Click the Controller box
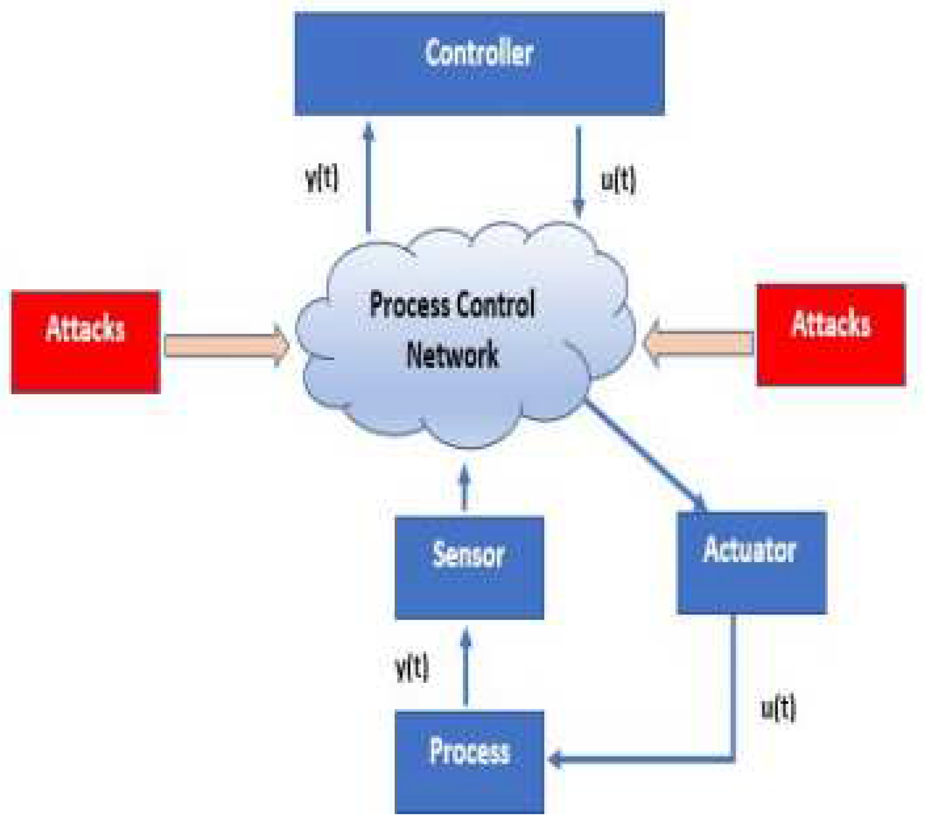(x=479, y=64)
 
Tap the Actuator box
(x=751, y=562)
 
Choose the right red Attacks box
(x=831, y=334)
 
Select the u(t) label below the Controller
(x=618, y=180)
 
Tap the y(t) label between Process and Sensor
(x=412, y=667)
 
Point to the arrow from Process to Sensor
(x=466, y=668)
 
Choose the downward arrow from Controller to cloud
(x=578, y=172)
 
